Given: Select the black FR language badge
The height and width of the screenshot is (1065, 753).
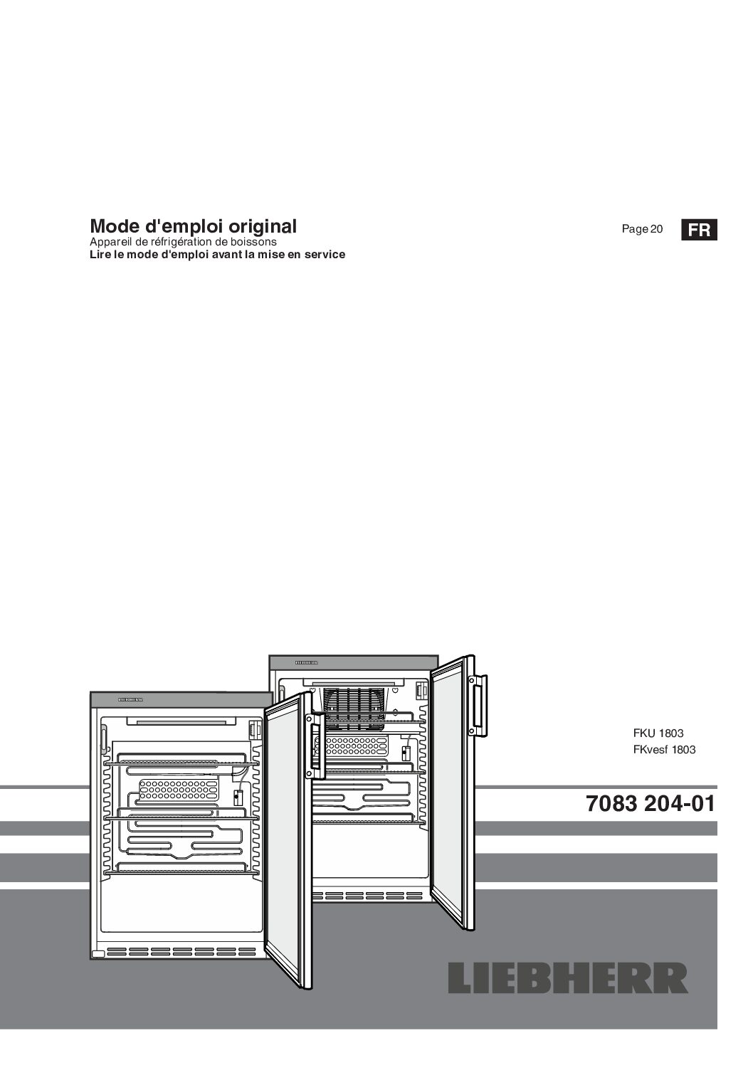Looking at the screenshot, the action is click(699, 230).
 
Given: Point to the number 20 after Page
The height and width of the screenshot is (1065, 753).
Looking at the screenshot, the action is click(656, 229).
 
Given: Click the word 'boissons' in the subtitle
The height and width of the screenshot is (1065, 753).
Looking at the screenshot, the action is click(257, 241).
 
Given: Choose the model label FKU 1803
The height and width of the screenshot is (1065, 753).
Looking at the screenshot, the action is click(658, 733).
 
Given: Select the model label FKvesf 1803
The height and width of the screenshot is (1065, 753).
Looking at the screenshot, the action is click(664, 750).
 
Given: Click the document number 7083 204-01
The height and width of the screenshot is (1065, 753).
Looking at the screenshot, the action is click(651, 804).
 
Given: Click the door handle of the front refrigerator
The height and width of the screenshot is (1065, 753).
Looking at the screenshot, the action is click(315, 746).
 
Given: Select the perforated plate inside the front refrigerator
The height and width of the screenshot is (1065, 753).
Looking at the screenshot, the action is click(179, 790).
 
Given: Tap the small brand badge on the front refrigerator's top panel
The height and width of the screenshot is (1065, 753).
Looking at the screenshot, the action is click(130, 700).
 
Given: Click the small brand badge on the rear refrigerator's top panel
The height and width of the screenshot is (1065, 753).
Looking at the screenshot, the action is click(307, 662).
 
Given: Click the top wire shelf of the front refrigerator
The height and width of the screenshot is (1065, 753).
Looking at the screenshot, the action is click(181, 765).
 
